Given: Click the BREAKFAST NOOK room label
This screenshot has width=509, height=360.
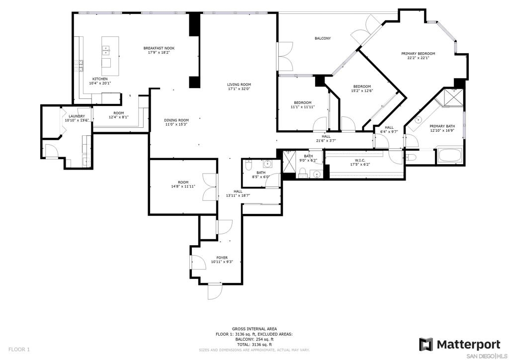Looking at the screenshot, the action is point(159,48).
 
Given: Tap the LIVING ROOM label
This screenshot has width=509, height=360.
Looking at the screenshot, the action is point(239,85).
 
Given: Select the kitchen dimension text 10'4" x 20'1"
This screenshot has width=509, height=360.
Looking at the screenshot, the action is point(100,83).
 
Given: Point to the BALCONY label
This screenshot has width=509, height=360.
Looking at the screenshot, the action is point(323,38).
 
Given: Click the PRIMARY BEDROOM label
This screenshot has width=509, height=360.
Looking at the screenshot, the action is point(418,54).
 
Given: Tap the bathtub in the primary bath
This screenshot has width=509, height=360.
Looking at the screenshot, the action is point(450,156).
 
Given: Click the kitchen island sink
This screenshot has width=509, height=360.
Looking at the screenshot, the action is point(106,49).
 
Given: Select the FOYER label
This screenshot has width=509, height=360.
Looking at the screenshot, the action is point(222,258).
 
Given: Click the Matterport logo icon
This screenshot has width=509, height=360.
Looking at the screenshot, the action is point(425,345).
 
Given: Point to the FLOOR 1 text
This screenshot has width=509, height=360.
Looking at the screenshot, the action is point(19,350).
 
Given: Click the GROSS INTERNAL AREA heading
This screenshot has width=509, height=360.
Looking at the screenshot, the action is point(254,329).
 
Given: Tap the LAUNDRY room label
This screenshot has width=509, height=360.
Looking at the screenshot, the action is point(77,116).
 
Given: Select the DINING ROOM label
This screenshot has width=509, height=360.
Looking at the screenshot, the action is point(176,120).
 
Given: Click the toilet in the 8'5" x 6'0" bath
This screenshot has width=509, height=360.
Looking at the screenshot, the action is point(249,165).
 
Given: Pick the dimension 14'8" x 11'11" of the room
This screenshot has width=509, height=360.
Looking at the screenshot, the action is point(183,186).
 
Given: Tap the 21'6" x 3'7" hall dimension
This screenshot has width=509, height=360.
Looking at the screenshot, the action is point(326,141).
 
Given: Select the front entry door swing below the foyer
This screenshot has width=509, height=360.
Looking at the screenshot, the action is point(215,291).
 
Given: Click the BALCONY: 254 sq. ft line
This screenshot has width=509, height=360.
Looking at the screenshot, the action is point(254,339).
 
